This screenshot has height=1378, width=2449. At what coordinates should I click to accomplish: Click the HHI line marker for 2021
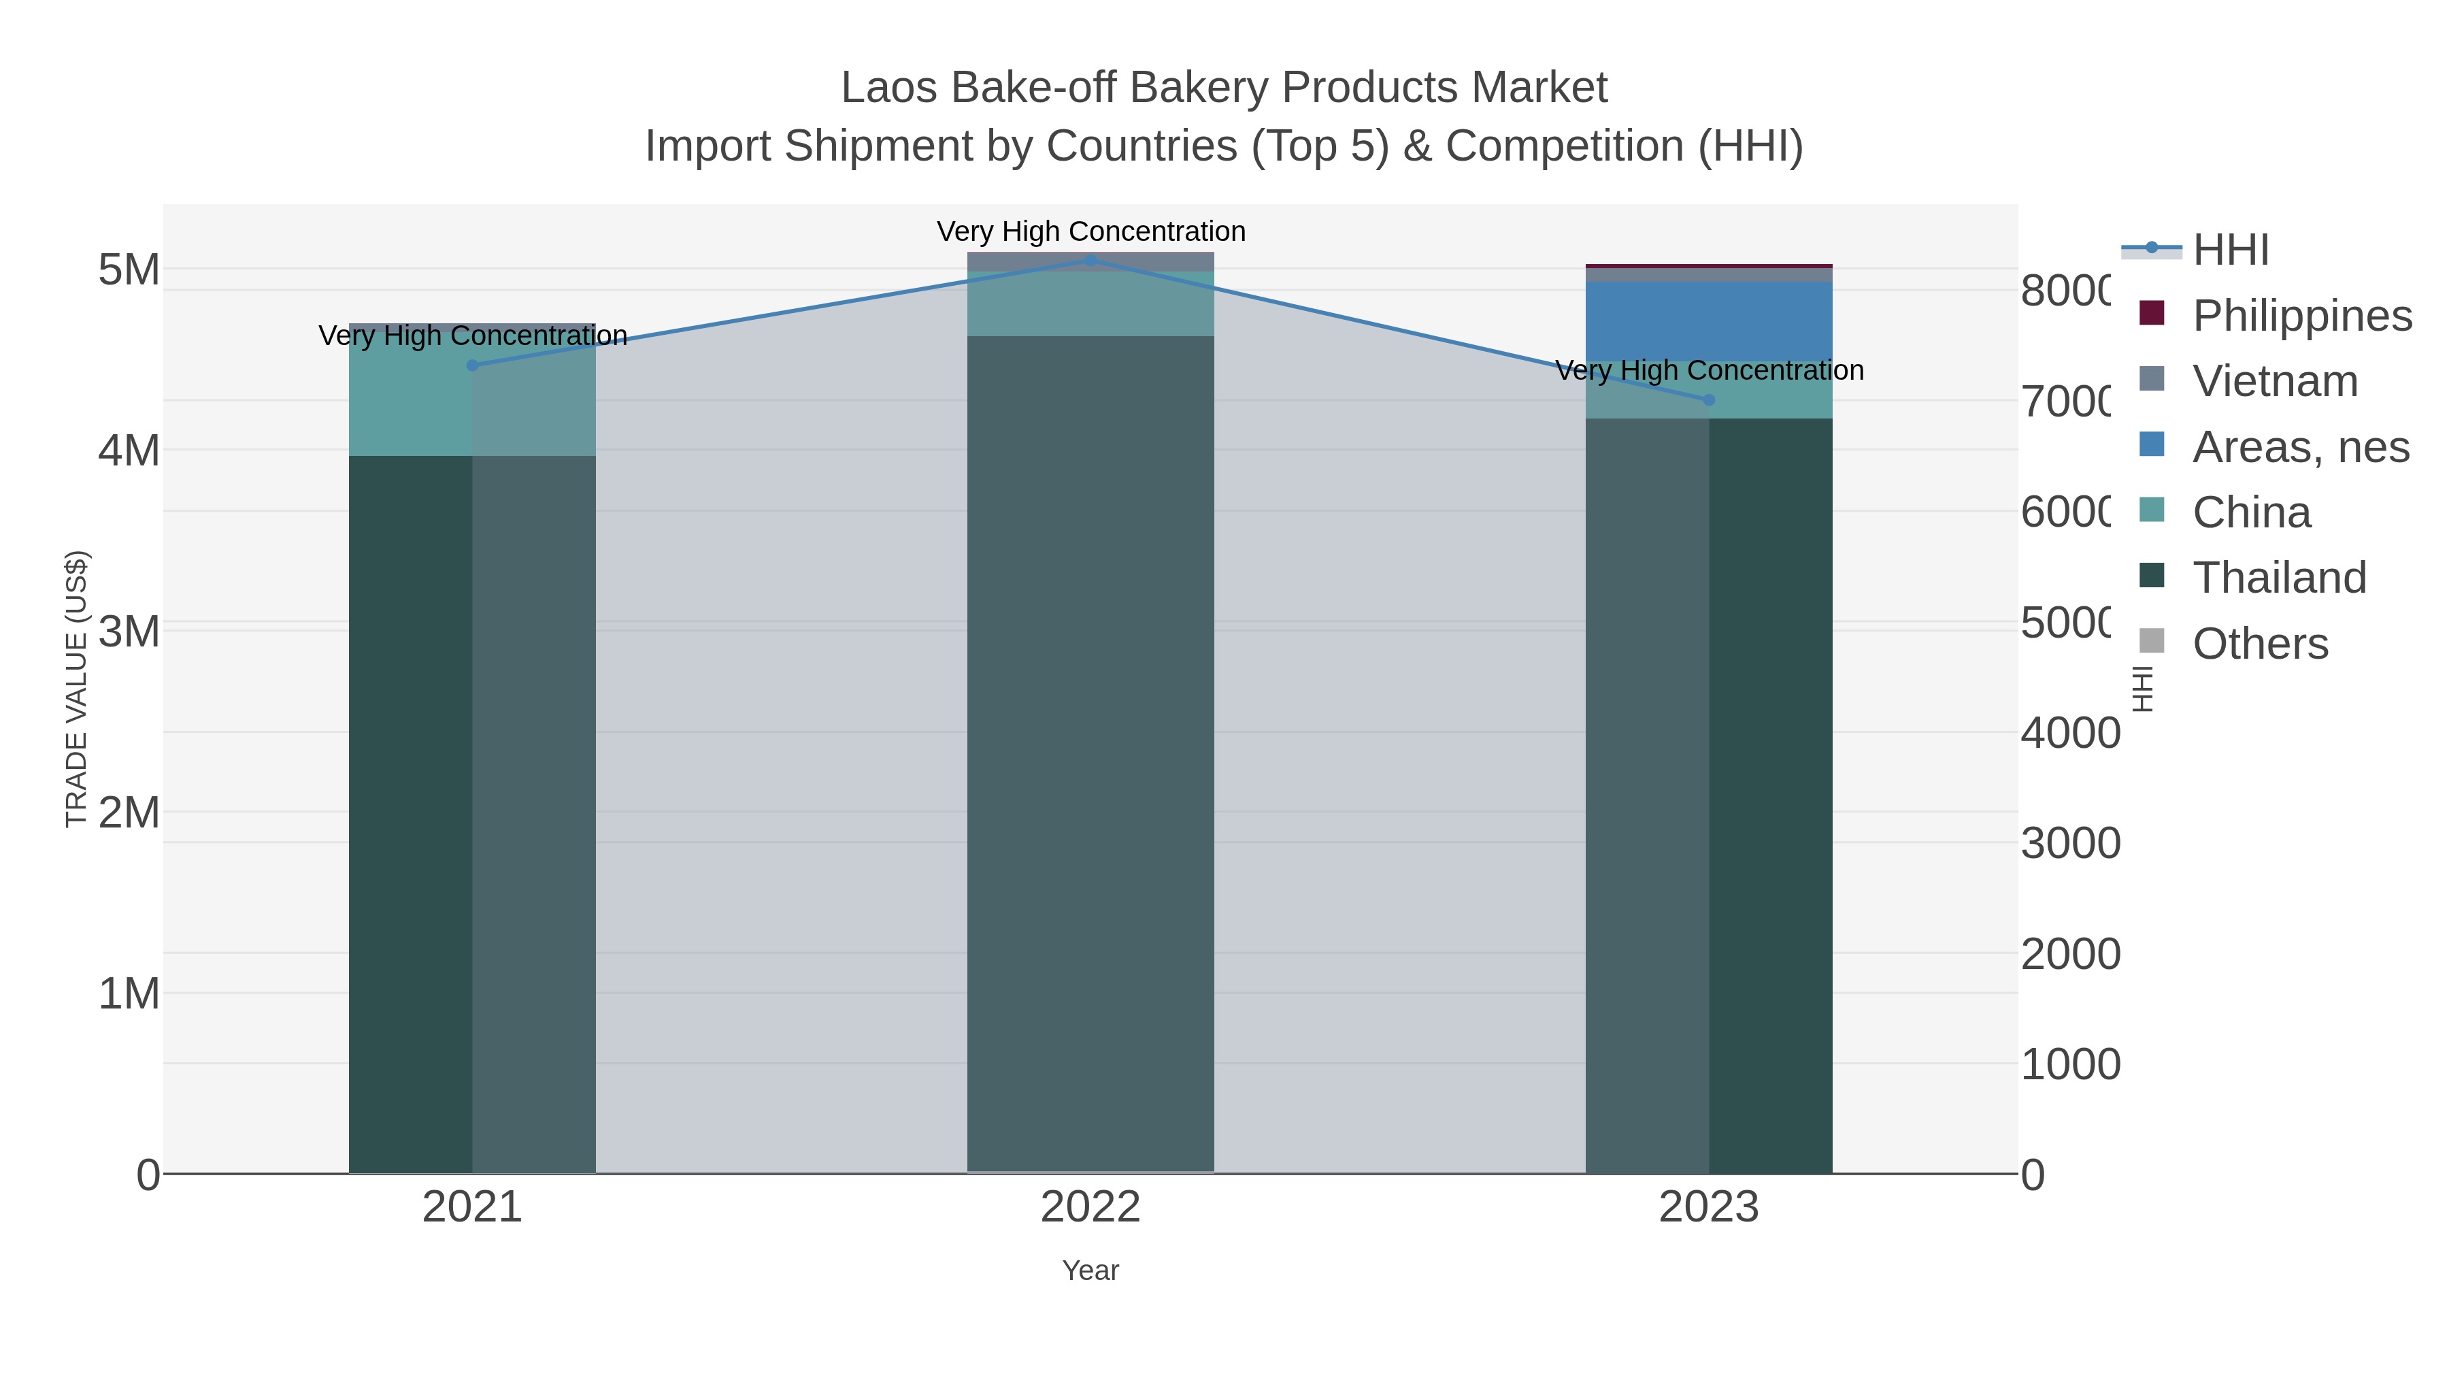click(x=473, y=365)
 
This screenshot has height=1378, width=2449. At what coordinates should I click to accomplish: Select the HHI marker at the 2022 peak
click(x=1090, y=261)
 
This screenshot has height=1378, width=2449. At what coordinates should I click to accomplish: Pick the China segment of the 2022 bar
click(x=1090, y=304)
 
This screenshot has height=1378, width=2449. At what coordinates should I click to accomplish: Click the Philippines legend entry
click(x=2301, y=316)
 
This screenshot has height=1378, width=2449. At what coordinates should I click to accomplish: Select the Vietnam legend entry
click(x=2275, y=381)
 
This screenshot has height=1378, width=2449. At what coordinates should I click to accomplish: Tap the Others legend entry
click(x=2260, y=644)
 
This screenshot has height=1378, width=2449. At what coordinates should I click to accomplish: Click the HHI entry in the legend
click(x=2229, y=250)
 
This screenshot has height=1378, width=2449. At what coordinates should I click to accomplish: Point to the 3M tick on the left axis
click(x=129, y=631)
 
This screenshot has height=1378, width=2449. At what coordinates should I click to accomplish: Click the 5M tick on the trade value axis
click(x=129, y=270)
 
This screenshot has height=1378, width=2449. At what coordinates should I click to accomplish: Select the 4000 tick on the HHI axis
click(x=2069, y=733)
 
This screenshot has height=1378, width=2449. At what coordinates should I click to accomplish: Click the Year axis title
click(x=1090, y=1270)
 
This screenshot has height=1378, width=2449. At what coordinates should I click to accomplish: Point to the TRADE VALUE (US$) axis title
click(x=76, y=689)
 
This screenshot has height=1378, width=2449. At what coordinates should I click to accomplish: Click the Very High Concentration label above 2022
click(x=1090, y=231)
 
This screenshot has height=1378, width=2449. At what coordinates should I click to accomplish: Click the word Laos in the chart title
click(x=889, y=88)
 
